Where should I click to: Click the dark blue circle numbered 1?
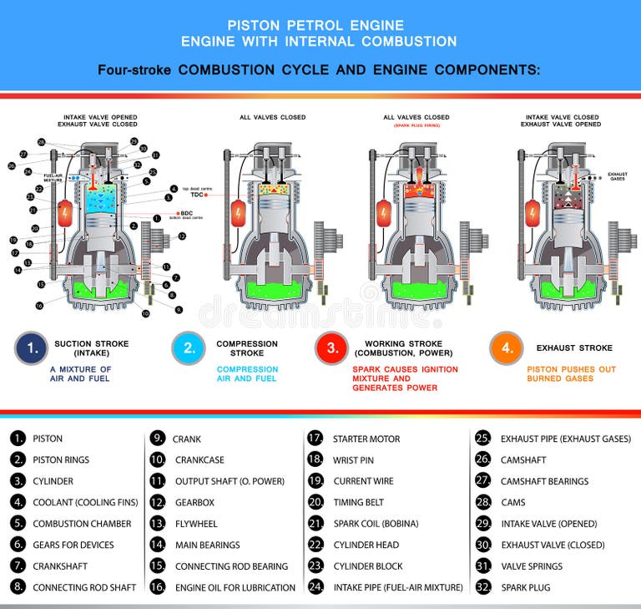point(32,348)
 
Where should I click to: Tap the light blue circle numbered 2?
point(188,348)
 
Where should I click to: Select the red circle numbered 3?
point(331,348)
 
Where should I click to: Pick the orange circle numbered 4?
point(507,348)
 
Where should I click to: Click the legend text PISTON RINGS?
point(61,459)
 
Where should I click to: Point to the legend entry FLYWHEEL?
point(196,524)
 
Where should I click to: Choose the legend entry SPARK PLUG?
point(525,587)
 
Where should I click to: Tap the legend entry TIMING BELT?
point(359,502)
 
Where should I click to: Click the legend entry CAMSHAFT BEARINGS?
point(544,481)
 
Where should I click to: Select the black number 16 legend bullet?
point(158,587)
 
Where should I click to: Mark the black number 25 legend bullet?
point(482,439)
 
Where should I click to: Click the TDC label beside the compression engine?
point(197,194)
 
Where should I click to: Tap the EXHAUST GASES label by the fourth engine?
point(617,176)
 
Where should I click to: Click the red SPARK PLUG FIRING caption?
point(416,124)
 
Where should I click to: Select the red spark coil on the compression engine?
point(237,212)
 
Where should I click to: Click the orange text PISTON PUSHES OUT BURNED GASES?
point(572,373)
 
